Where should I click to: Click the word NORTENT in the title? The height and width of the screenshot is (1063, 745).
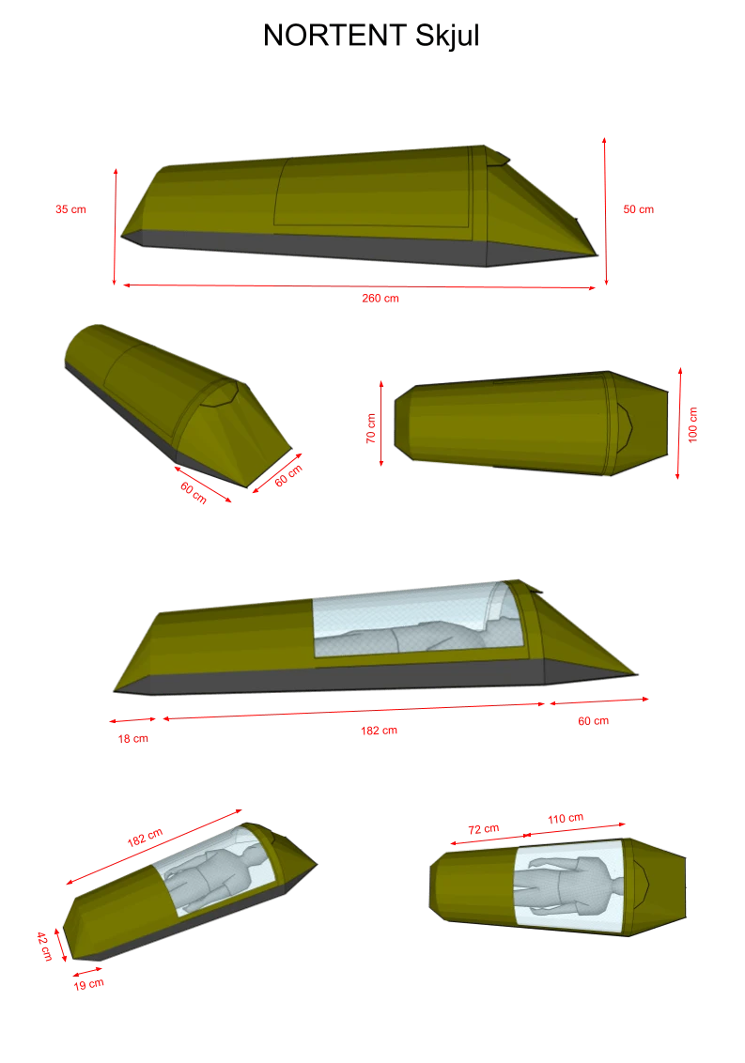[334, 36]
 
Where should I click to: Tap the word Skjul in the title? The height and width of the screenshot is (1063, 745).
[447, 37]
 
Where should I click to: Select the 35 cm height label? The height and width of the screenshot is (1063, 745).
[70, 209]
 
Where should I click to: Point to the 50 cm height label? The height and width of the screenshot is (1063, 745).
[639, 209]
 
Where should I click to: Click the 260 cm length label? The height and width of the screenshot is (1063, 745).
[380, 299]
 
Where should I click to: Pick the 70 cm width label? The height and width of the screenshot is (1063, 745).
[370, 428]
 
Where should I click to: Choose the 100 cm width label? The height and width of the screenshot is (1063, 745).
[692, 425]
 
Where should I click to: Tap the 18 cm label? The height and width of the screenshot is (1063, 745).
[133, 739]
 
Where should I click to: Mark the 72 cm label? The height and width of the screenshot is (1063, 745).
[484, 829]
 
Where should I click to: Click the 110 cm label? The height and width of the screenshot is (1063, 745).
[566, 818]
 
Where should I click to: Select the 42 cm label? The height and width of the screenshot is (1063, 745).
[44, 946]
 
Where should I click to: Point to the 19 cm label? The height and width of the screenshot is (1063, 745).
[89, 984]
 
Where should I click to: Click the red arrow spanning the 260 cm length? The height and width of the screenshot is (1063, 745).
[359, 286]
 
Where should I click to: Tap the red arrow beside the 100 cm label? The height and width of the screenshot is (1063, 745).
[678, 424]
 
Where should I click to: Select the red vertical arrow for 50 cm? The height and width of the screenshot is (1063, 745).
[605, 211]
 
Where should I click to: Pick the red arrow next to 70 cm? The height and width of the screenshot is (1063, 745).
[381, 423]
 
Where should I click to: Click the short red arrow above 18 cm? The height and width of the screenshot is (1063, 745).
[132, 719]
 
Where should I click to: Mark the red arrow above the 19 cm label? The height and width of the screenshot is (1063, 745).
[86, 973]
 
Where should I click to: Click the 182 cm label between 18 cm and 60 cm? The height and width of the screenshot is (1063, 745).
[380, 731]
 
